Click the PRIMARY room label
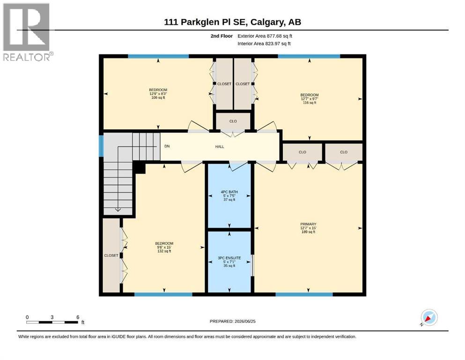tap(308, 224)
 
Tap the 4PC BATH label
tap(229, 192)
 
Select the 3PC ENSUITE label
tap(229, 258)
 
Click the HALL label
tap(220, 147)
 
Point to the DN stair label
tap(167, 146)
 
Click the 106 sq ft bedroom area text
tap(158, 97)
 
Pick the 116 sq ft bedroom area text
tap(310, 103)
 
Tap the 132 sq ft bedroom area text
tap(164, 251)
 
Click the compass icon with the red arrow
tap(429, 317)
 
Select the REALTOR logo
tap(27, 32)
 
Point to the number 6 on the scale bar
tap(78, 317)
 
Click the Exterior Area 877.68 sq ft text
tap(265, 36)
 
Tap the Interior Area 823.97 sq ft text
tap(264, 44)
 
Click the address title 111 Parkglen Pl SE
tap(207, 22)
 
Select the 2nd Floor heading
tap(221, 36)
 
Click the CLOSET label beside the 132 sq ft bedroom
tap(111, 255)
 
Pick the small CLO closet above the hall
tap(233, 121)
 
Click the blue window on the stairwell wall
tap(101, 146)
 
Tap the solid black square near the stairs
tap(139, 167)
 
